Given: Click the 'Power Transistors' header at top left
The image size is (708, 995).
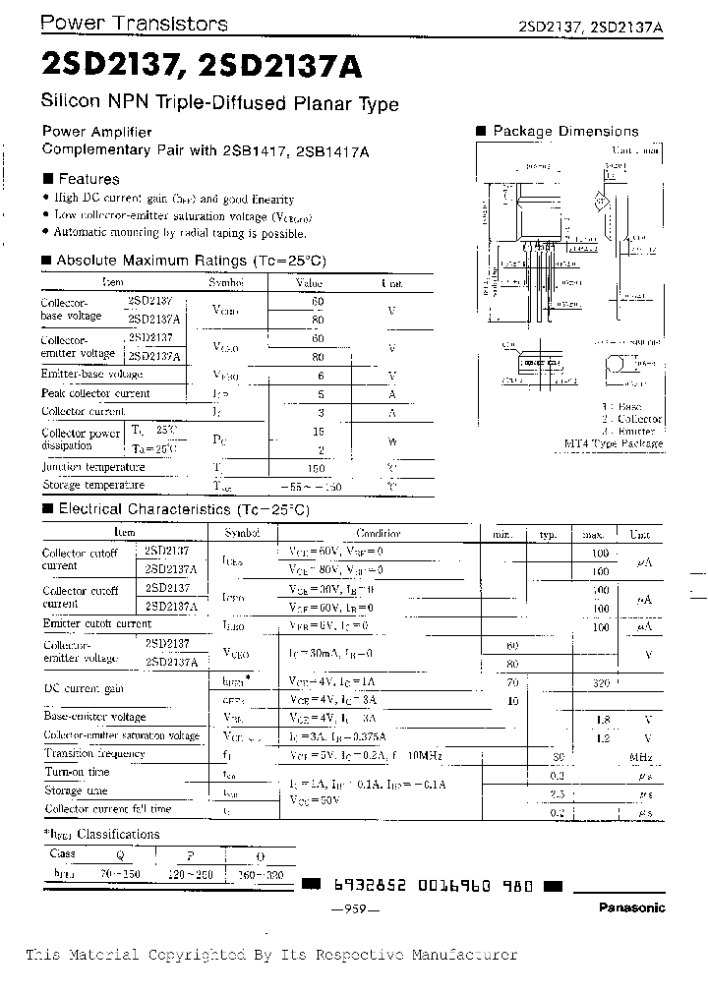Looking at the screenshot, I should (134, 24).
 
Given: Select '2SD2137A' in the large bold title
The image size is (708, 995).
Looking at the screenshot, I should (280, 66).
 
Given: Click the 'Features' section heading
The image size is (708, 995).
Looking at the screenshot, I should (88, 179).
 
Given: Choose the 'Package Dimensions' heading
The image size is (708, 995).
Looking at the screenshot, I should (565, 131).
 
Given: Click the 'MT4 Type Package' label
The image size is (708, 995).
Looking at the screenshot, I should (626, 443).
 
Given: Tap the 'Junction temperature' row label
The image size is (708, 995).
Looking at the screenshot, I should (92, 467).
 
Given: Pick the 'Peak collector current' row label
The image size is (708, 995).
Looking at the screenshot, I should (95, 393).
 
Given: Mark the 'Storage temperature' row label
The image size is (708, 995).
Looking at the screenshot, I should (92, 485).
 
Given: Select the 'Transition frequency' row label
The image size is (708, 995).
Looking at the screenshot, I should (94, 753).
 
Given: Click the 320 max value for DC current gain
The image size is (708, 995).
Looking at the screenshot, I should (601, 681).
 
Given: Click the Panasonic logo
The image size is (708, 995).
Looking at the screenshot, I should (631, 907).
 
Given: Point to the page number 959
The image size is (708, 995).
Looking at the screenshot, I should (355, 909).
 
